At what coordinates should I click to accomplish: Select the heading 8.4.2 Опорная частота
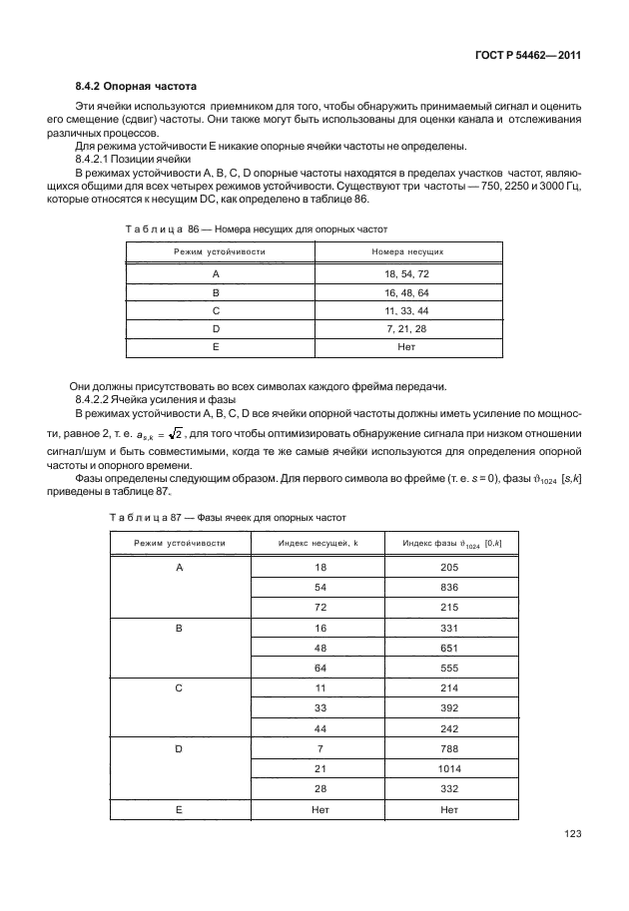[127, 87]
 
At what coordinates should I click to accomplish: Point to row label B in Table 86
[215, 290]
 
